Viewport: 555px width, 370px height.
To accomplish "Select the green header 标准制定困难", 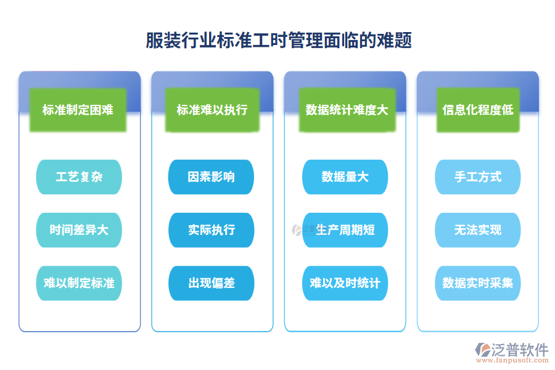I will pyautogui.click(x=78, y=110).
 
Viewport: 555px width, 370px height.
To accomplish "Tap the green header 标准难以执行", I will pyautogui.click(x=212, y=110).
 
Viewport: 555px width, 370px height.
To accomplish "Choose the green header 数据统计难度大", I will pyautogui.click(x=347, y=110).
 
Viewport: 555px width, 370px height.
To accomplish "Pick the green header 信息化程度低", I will pyautogui.click(x=478, y=110).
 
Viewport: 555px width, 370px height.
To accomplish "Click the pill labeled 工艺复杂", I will pyautogui.click(x=79, y=177).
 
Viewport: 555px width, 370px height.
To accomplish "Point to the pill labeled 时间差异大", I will pyautogui.click(x=79, y=230).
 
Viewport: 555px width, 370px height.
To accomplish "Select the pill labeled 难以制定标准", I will pyautogui.click(x=79, y=283).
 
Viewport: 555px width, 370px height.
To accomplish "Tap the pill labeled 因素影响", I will pyautogui.click(x=212, y=177).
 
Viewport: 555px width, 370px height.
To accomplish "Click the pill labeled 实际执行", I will pyautogui.click(x=212, y=230).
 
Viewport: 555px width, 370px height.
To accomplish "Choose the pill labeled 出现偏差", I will pyautogui.click(x=212, y=283).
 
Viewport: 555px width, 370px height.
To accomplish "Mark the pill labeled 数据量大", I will pyautogui.click(x=345, y=177).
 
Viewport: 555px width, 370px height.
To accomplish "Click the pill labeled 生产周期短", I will pyautogui.click(x=345, y=230).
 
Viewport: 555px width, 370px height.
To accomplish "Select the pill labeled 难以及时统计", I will pyautogui.click(x=345, y=283).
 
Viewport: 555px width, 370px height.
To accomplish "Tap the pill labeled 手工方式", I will pyautogui.click(x=478, y=177).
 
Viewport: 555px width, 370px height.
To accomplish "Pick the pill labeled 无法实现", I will pyautogui.click(x=478, y=230).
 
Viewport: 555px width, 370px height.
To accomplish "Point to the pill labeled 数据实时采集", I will pyautogui.click(x=478, y=283).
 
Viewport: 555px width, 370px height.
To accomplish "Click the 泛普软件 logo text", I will pyautogui.click(x=520, y=350).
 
